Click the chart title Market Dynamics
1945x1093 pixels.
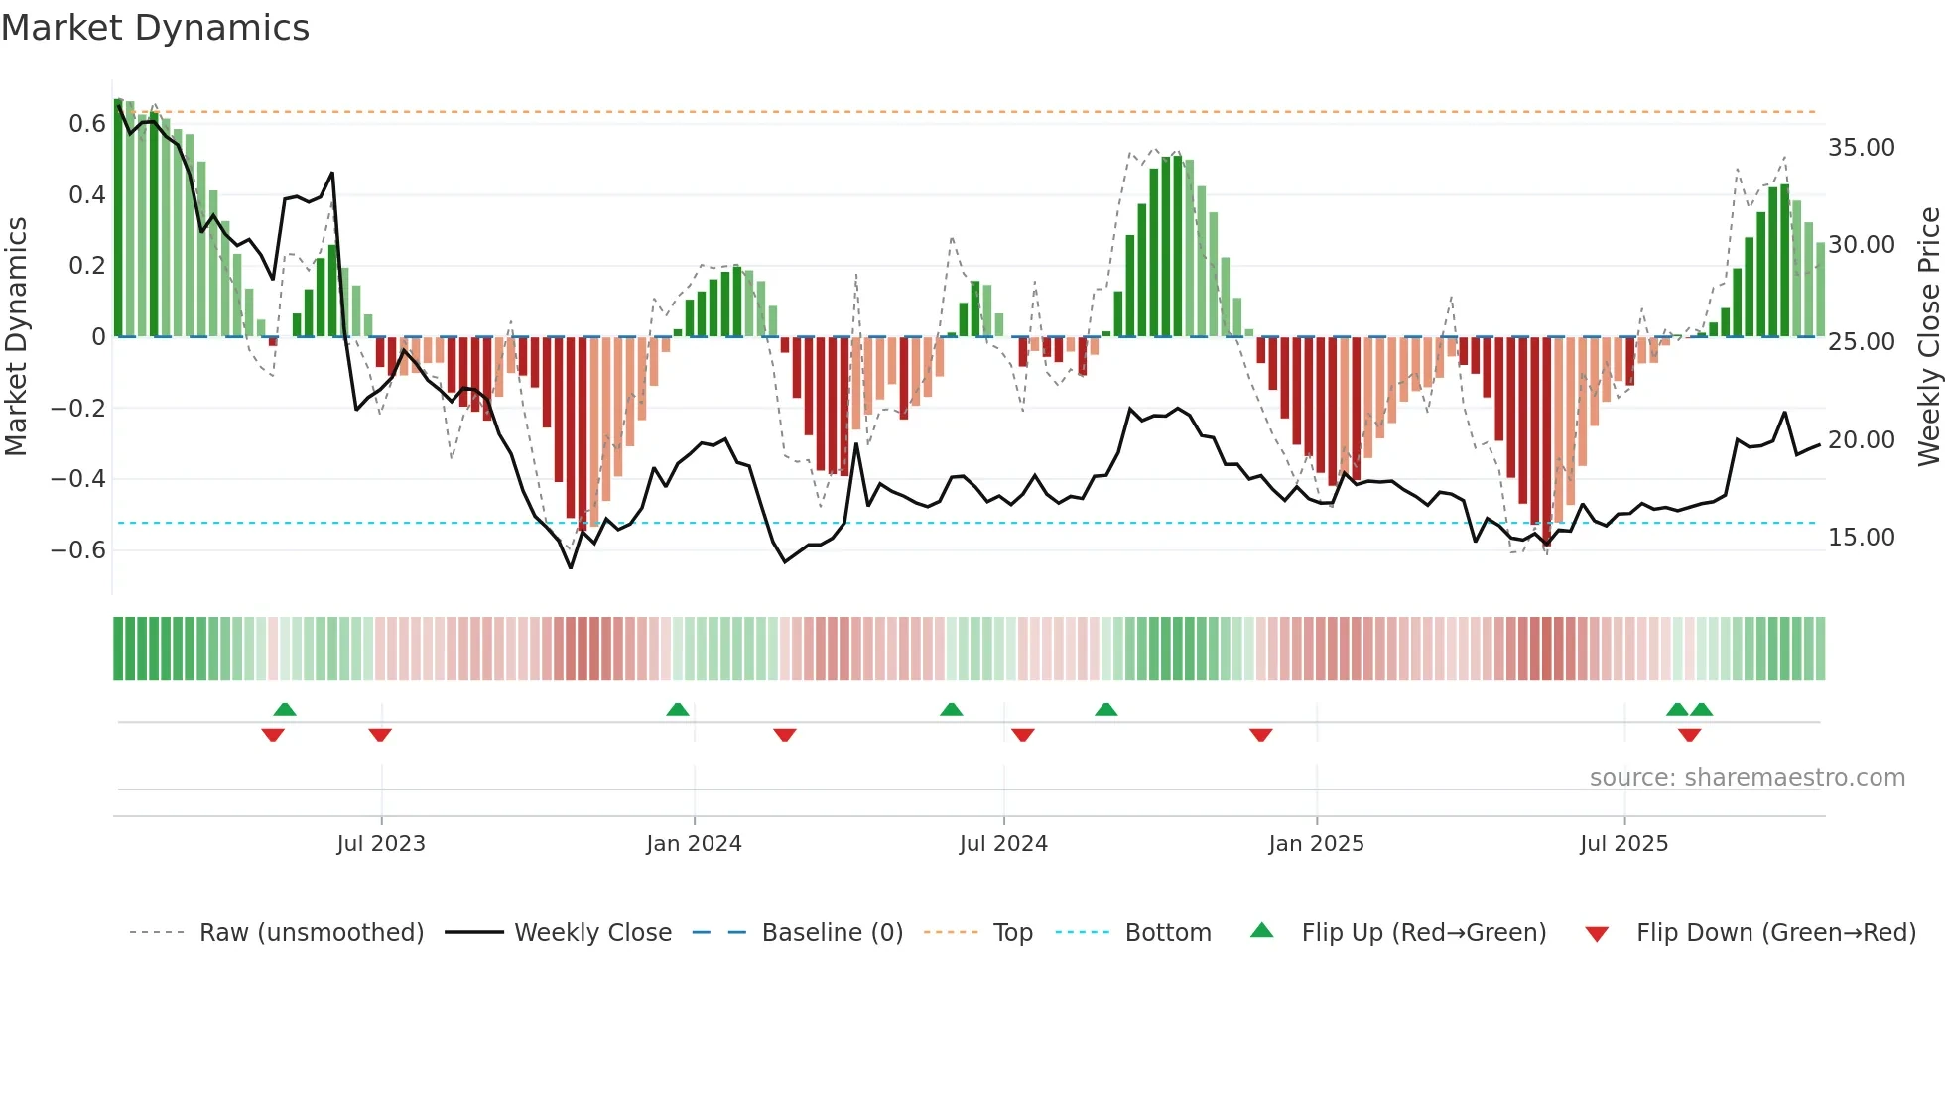tap(156, 28)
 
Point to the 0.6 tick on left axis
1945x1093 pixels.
tap(86, 124)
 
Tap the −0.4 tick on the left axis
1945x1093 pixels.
tap(78, 479)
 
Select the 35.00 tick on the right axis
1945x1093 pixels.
tap(1861, 148)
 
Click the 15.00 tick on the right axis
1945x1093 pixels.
tap(1861, 538)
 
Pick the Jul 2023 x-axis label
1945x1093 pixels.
tap(381, 844)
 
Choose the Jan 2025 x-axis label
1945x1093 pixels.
tap(1316, 844)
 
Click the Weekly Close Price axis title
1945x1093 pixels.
tap(1928, 336)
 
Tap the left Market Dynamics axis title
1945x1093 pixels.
tap(16, 336)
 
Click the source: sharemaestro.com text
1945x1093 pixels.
tap(1747, 778)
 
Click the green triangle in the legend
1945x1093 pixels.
tap(1261, 931)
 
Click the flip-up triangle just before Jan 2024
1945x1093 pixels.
tap(678, 710)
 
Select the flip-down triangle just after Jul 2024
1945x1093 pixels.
tap(1023, 735)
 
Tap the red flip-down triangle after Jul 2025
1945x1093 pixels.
tap(1689, 735)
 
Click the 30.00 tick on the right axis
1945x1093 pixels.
tap(1861, 245)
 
